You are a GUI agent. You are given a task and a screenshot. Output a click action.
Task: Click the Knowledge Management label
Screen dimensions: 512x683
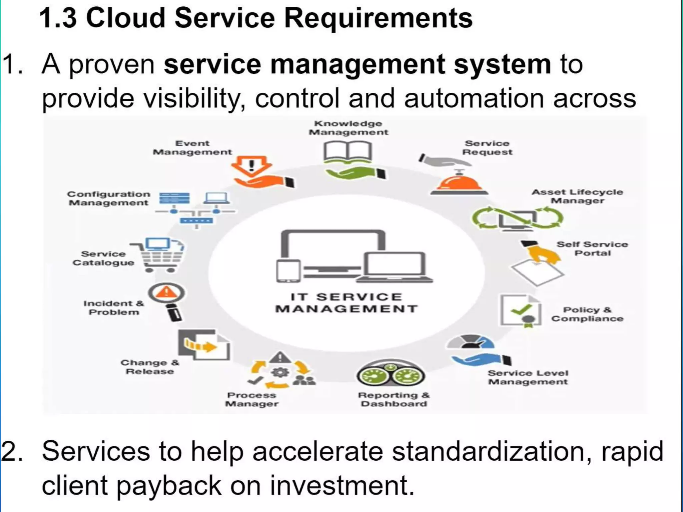[x=348, y=128]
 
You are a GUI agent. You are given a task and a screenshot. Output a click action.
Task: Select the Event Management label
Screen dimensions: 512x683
[x=192, y=148]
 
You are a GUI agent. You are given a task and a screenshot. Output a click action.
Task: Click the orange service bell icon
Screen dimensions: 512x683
[x=459, y=183]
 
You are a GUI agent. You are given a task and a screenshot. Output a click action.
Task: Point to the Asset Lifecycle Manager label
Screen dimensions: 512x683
[x=577, y=196]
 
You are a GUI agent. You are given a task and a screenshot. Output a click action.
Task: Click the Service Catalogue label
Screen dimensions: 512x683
[x=103, y=258]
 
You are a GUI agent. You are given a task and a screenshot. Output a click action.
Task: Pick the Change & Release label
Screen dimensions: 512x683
[x=150, y=367]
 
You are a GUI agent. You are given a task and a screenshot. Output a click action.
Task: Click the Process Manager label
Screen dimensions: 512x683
[x=252, y=399]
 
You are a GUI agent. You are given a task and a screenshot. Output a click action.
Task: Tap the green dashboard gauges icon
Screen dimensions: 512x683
[x=391, y=375]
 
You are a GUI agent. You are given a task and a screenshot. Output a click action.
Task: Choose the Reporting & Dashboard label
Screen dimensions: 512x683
[x=394, y=399]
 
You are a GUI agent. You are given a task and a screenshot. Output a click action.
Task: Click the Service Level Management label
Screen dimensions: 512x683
[x=528, y=377]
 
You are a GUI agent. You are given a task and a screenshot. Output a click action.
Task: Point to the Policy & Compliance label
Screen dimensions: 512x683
[x=587, y=314]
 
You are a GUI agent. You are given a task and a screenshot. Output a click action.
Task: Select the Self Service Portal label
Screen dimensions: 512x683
[x=592, y=249]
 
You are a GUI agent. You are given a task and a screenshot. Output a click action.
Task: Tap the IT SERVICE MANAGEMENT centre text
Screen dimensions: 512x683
[x=346, y=303]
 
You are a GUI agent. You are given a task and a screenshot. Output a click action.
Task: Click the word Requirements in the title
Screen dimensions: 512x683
[x=378, y=18]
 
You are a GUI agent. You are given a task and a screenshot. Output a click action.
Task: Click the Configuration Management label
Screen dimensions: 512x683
[x=109, y=198]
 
